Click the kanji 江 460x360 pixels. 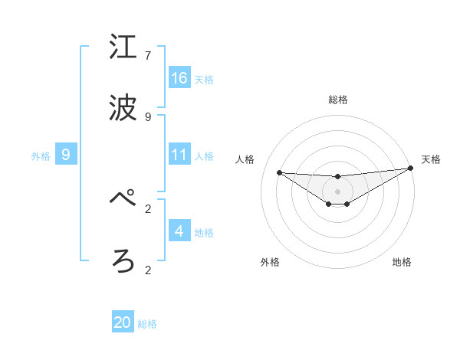click(123, 47)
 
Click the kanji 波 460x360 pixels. click(123, 108)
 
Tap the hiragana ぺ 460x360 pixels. click(123, 198)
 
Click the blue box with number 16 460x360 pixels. click(179, 78)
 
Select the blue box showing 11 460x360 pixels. click(179, 155)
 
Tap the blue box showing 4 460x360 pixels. click(179, 231)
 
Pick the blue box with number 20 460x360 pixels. click(123, 322)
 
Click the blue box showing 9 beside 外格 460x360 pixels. click(66, 155)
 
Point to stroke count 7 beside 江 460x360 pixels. click(148, 56)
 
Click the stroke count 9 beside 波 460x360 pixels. click(148, 116)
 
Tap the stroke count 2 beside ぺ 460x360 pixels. click(148, 208)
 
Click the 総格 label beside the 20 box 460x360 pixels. click(147, 324)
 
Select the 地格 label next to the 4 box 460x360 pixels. click(204, 233)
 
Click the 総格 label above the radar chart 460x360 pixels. click(338, 100)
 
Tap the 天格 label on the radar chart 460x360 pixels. click(431, 159)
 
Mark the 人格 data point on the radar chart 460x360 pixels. click(279, 172)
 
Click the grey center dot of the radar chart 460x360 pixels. click(337, 191)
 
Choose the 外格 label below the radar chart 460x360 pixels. click(270, 262)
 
